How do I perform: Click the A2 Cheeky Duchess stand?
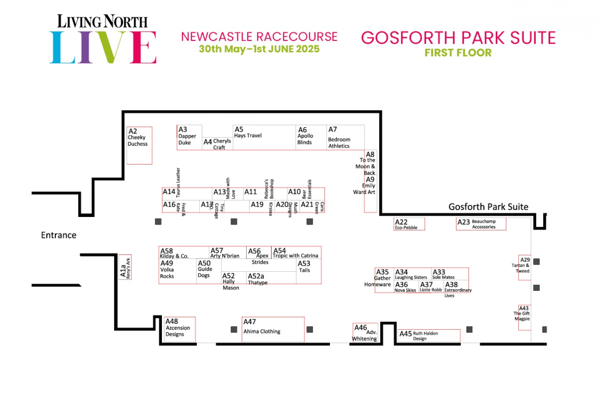[x=139, y=145]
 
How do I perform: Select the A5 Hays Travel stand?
[x=265, y=138]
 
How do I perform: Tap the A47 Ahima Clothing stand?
[x=273, y=329]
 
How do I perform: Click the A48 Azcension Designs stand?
[x=180, y=329]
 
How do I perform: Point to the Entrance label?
[x=59, y=235]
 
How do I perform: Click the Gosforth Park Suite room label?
[x=488, y=207]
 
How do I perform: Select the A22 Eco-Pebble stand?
[x=409, y=224]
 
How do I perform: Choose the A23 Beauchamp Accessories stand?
[x=481, y=224]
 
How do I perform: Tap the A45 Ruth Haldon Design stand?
[x=429, y=335]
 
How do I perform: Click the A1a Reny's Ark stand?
[x=125, y=267]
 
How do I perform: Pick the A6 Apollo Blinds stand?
[x=311, y=138]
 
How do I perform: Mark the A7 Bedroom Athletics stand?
[x=345, y=138]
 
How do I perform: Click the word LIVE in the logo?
[x=103, y=47]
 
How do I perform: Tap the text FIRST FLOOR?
[x=458, y=53]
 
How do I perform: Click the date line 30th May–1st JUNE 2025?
[x=259, y=49]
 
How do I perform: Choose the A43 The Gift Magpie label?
[x=523, y=314]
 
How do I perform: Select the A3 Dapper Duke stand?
[x=189, y=137]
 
